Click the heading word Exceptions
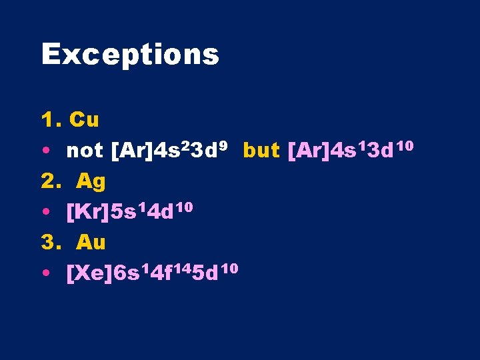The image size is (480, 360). click(x=130, y=55)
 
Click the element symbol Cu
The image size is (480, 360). click(x=84, y=120)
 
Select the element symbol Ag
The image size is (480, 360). click(x=91, y=181)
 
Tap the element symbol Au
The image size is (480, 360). click(x=91, y=243)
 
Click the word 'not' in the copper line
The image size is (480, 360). click(x=84, y=151)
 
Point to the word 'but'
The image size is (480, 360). click(x=261, y=151)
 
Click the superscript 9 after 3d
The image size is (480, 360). click(x=225, y=144)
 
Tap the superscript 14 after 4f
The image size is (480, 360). click(x=181, y=267)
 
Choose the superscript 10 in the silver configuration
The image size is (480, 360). click(x=185, y=206)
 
